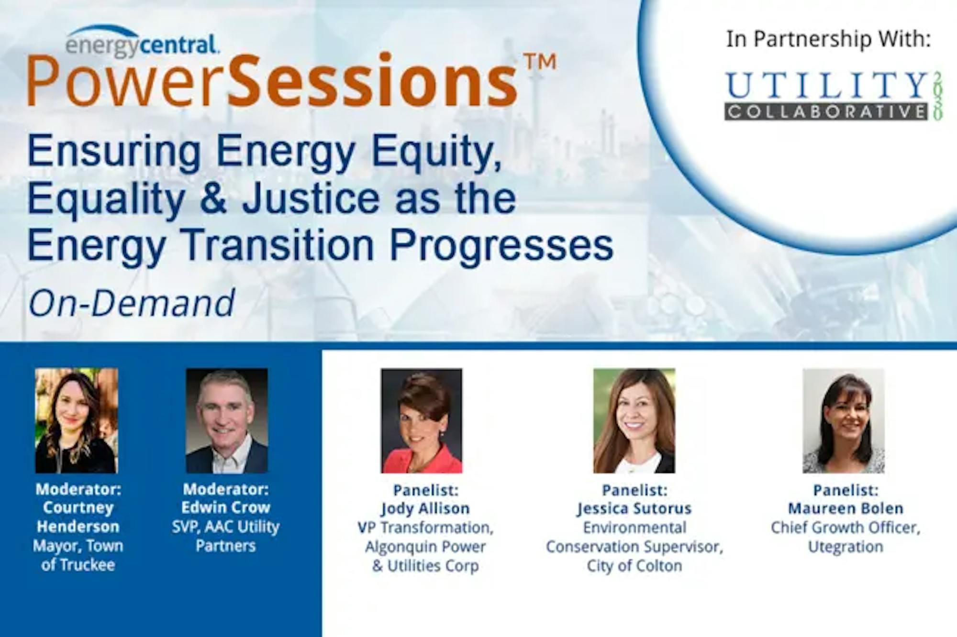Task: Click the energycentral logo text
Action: coord(142,44)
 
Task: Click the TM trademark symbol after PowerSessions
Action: coord(540,62)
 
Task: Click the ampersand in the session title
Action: coord(213,198)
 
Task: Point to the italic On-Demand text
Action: coord(132,303)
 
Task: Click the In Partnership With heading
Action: coord(828,39)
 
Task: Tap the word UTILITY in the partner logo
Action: coord(827,86)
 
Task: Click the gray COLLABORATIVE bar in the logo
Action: coord(826,111)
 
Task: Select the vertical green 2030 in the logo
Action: coord(937,96)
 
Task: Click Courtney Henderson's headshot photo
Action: coord(77,421)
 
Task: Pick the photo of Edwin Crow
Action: coord(227,421)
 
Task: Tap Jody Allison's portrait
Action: coord(422,421)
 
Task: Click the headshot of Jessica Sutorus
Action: coord(634,421)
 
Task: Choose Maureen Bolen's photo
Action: coord(844,421)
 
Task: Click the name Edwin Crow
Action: coord(226,507)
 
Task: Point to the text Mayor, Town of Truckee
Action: coord(78,555)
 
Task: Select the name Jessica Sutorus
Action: coord(634,509)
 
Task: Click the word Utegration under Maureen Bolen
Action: coord(846,547)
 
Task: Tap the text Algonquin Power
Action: coord(425,547)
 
